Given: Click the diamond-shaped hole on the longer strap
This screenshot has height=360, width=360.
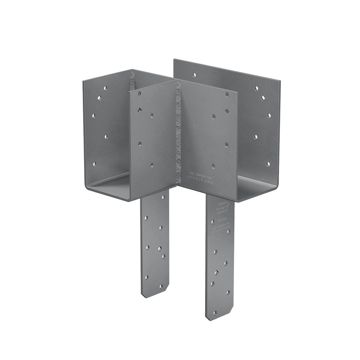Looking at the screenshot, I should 216,272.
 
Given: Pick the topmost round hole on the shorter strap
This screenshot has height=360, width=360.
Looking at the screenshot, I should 145,218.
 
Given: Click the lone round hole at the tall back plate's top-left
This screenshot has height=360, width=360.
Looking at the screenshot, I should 194,75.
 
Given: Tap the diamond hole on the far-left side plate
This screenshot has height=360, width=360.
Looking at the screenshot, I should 99,97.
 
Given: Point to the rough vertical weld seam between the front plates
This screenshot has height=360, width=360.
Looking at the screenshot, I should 178,130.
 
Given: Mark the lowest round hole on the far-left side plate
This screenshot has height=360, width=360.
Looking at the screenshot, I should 94,164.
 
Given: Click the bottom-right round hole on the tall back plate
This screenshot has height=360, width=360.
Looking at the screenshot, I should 268,164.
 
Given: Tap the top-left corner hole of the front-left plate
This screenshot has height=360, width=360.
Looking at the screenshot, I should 139,94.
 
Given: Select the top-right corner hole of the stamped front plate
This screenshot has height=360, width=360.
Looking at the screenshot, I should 227,94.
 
